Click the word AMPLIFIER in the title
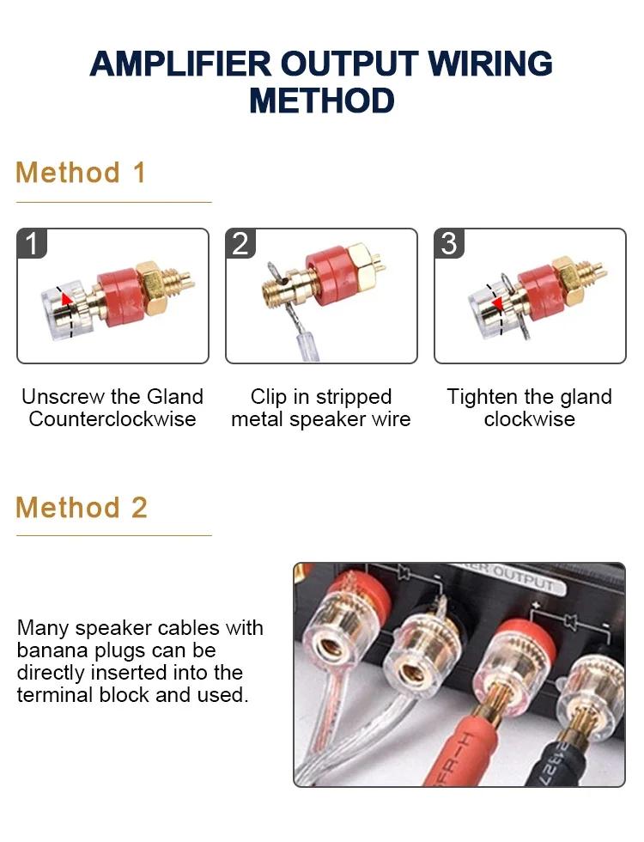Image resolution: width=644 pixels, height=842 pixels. pyautogui.click(x=181, y=64)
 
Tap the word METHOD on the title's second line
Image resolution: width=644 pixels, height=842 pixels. pyautogui.click(x=322, y=101)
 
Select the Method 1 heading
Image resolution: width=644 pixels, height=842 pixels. pyautogui.click(x=81, y=173)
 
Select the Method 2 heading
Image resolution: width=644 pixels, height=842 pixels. pyautogui.click(x=81, y=508)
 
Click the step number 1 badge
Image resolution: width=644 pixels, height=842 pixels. pyautogui.click(x=33, y=243)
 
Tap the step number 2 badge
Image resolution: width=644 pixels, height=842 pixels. pyautogui.click(x=240, y=243)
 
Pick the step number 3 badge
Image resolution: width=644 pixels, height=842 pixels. pyautogui.click(x=449, y=243)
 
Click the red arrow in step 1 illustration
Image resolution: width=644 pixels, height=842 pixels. pyautogui.click(x=66, y=299)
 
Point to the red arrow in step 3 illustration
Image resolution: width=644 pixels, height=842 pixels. pyautogui.click(x=497, y=304)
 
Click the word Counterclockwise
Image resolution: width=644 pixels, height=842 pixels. pyautogui.click(x=112, y=419)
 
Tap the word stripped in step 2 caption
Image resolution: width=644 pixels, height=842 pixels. pyautogui.click(x=354, y=397)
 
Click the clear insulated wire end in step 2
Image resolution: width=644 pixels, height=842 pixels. pyautogui.click(x=307, y=343)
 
